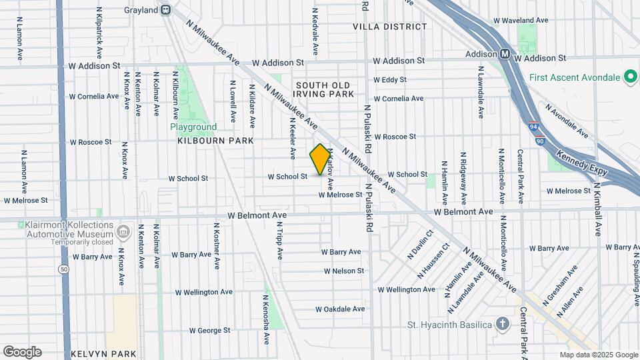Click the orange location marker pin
point(321,159)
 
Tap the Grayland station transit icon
point(166,10)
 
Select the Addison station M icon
point(506,54)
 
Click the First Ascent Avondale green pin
point(630,77)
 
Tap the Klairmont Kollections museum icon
point(123,232)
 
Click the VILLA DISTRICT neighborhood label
point(390,27)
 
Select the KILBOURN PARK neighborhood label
point(216,141)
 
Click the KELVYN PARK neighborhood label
point(103,354)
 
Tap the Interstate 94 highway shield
point(533,126)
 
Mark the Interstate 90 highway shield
point(539,141)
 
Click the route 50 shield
point(63,269)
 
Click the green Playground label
point(193,127)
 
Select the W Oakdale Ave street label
point(340,309)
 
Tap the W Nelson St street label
point(344,271)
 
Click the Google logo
point(22,352)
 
